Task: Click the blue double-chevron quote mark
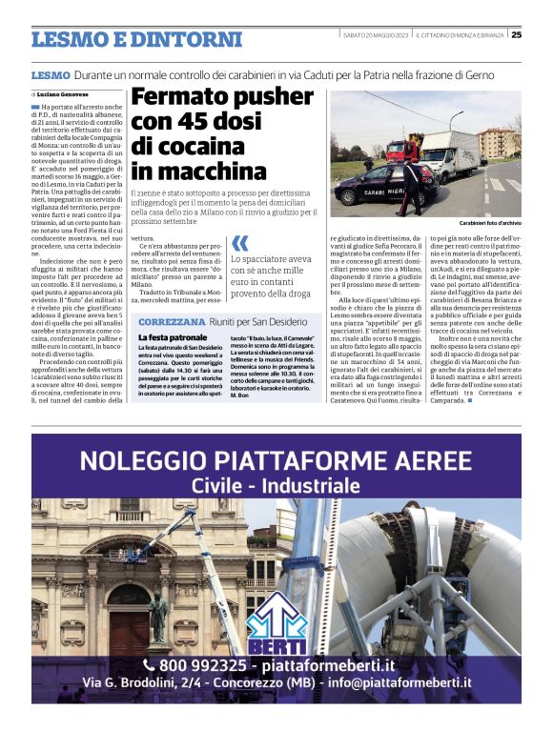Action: [x=239, y=244]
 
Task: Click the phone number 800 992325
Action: [x=200, y=665]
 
